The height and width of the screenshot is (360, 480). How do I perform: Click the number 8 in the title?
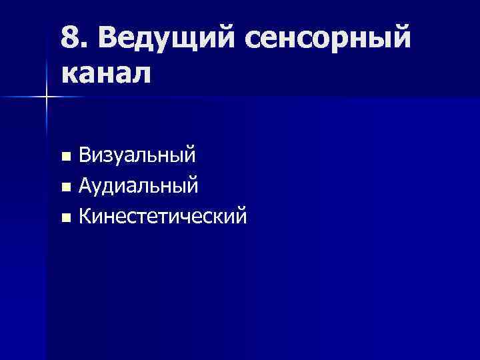[70, 39]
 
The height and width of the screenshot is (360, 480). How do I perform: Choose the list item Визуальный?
[137, 157]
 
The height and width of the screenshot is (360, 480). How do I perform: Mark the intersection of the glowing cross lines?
[47, 97]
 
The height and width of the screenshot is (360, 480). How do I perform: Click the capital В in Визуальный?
[86, 157]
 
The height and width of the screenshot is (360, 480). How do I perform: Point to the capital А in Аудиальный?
[86, 186]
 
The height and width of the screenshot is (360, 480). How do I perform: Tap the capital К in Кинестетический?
[85, 215]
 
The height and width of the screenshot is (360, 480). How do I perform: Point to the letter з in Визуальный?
[111, 158]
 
